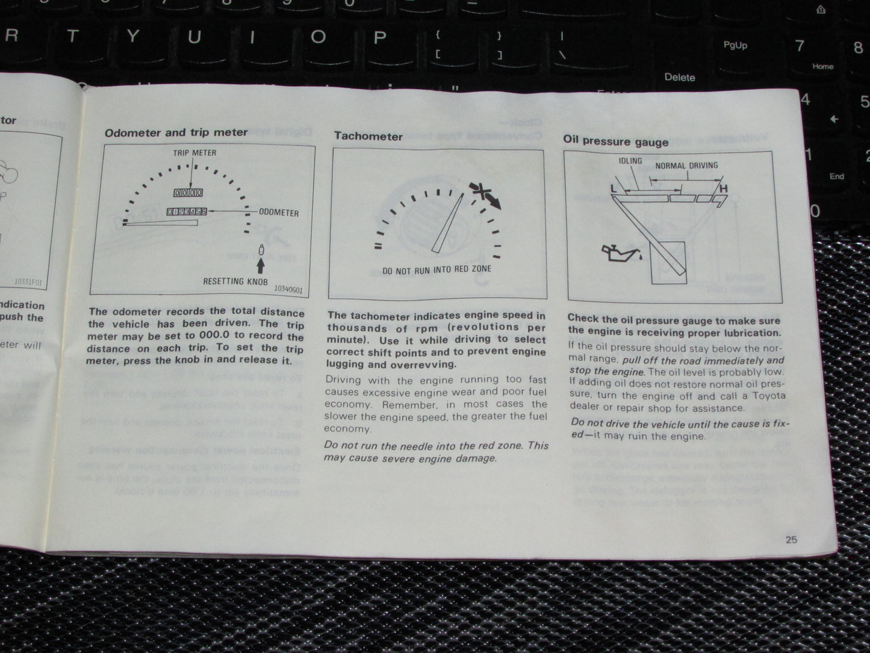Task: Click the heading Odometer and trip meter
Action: pyautogui.click(x=176, y=133)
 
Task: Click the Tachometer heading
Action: pyautogui.click(x=368, y=136)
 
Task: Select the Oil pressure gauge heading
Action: pyautogui.click(x=615, y=142)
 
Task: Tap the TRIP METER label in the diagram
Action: pyautogui.click(x=194, y=153)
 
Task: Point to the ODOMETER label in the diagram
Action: pyautogui.click(x=279, y=213)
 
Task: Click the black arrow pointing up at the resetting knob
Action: pyautogui.click(x=261, y=265)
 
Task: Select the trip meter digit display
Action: pyautogui.click(x=188, y=193)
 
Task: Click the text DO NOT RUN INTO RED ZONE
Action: pyautogui.click(x=437, y=270)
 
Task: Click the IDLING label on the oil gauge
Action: pyautogui.click(x=630, y=161)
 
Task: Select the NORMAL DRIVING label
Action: pyautogui.click(x=686, y=166)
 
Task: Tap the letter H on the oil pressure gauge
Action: pyautogui.click(x=723, y=189)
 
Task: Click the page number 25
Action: pyautogui.click(x=791, y=540)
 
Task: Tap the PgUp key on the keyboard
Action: pyautogui.click(x=735, y=46)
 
